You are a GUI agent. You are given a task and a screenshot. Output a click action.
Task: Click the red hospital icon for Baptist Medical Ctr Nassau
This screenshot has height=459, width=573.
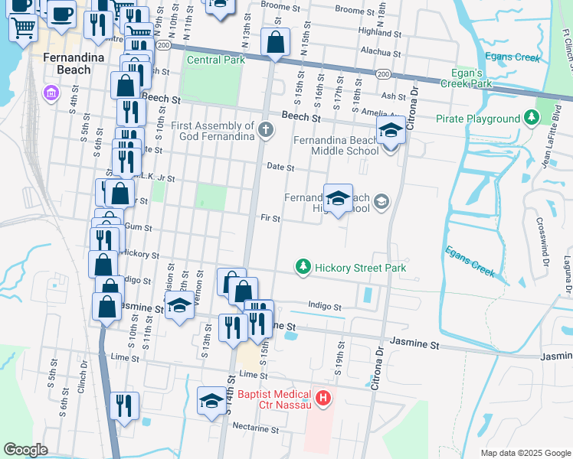point(323,398)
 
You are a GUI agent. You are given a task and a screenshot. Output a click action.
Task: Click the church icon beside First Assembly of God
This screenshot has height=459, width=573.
point(266,129)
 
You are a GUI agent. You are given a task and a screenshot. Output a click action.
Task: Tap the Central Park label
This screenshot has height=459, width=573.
point(215,60)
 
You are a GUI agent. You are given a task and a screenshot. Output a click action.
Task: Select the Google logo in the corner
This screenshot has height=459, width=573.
point(25,449)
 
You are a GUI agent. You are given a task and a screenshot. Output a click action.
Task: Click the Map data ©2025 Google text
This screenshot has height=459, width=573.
point(524,453)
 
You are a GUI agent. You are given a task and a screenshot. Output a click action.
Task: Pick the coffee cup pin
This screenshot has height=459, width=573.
point(61,12)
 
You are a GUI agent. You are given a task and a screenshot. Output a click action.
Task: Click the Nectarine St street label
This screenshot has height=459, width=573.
point(257,430)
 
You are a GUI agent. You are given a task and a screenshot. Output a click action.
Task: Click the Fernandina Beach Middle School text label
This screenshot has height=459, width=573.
point(336,145)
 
